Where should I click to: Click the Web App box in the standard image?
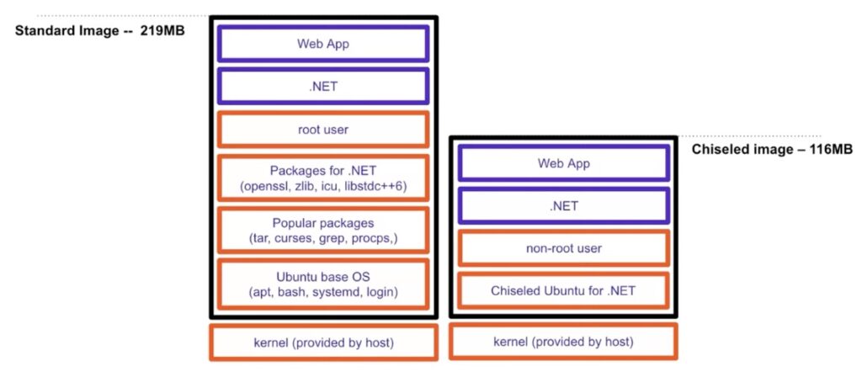323,44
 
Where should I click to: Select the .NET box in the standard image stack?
323,87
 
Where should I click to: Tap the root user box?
323,130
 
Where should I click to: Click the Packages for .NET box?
323,178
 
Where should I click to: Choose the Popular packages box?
323,231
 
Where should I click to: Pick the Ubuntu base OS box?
323,284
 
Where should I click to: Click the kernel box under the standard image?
324,343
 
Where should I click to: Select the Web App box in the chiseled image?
564,163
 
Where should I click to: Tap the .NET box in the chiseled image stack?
564,206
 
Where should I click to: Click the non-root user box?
564,248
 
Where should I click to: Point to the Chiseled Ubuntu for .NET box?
564,290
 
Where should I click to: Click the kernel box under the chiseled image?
563,342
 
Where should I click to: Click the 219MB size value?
162,30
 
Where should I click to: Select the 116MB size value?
831,149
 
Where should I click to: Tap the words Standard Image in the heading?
67,31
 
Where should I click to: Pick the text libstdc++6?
373,186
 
